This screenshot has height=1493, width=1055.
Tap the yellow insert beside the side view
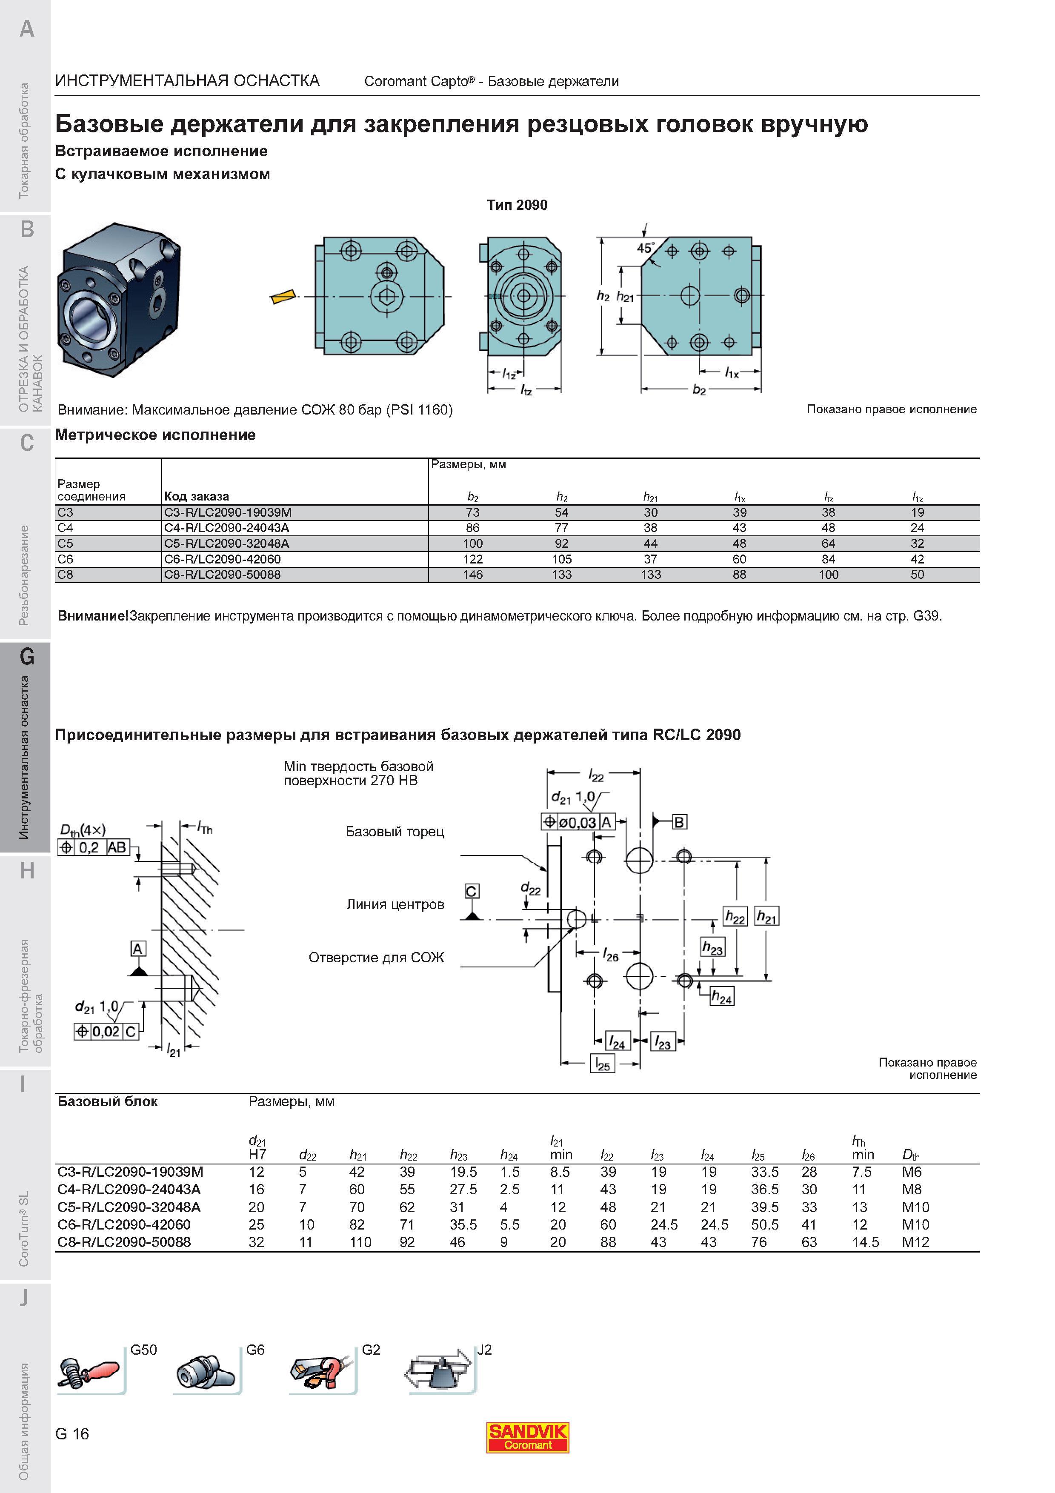[282, 297]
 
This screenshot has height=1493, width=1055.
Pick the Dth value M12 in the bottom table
[915, 1242]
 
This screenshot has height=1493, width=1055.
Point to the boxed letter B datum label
[679, 822]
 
